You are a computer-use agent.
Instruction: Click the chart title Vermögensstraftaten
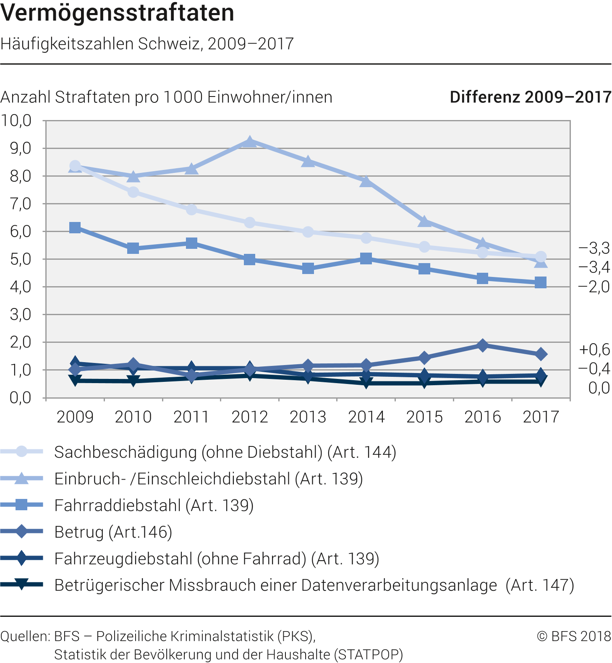click(x=118, y=13)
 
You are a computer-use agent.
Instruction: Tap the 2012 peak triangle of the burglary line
click(x=250, y=142)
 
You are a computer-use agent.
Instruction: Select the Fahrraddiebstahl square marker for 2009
click(x=75, y=228)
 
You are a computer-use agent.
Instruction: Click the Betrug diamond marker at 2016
click(x=483, y=345)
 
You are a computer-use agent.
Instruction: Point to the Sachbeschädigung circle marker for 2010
click(x=133, y=192)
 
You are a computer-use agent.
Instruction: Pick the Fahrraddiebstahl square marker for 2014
click(x=366, y=258)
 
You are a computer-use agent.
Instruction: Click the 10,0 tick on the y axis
click(x=16, y=121)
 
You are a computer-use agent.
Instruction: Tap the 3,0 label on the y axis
click(x=20, y=315)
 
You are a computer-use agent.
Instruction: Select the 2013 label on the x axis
click(x=308, y=417)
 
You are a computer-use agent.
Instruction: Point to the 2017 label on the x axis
click(x=541, y=417)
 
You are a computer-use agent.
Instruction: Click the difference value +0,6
click(x=594, y=349)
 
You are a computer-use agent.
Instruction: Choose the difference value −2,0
click(x=594, y=287)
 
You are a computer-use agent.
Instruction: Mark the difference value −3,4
click(x=594, y=267)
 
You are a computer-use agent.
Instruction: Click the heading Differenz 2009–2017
click(x=531, y=97)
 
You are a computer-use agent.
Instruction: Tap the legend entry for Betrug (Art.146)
click(x=113, y=532)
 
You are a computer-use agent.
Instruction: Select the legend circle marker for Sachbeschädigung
click(x=21, y=452)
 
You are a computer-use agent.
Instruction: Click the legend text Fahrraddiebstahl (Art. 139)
click(x=154, y=505)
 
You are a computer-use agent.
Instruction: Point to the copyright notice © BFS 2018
click(x=574, y=636)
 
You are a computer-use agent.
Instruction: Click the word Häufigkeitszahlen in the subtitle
click(x=67, y=44)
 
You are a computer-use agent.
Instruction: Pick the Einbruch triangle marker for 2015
click(x=424, y=221)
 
